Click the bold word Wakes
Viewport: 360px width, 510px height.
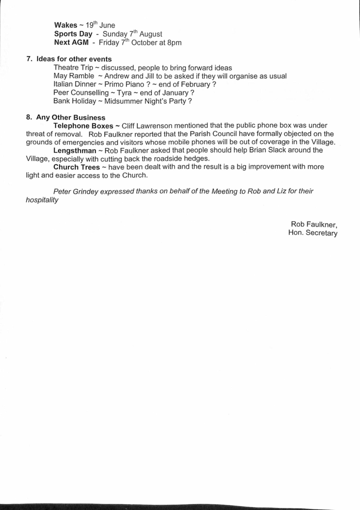click(65, 25)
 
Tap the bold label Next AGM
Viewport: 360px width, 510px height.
click(71, 42)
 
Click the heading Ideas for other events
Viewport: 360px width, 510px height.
click(74, 59)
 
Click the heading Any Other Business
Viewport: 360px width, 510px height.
click(70, 117)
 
